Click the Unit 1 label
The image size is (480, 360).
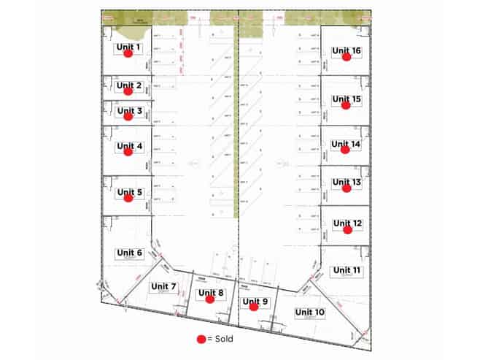129,47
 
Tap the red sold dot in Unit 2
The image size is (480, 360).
128,91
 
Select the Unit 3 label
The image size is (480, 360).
129,111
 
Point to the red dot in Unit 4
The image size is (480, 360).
128,152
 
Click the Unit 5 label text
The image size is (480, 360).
129,192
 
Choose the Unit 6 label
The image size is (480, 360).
129,252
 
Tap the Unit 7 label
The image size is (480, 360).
163,286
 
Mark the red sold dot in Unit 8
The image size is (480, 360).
210,299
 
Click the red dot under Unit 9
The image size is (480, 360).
254,307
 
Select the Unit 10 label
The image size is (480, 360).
310,312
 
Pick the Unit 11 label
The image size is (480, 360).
347,270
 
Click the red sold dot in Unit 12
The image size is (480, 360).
347,229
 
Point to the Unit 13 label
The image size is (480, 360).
347,182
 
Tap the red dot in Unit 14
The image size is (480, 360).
346,150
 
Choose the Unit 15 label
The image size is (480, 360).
347,99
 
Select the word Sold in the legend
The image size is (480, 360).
225,339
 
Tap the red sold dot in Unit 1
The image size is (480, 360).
128,53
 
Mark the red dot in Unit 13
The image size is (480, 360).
347,188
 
